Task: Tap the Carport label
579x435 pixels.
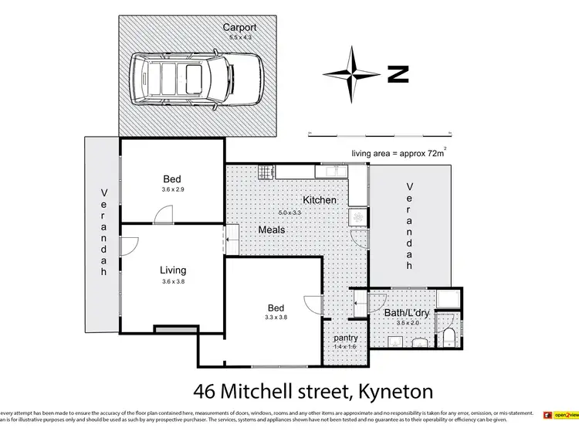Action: (239, 28)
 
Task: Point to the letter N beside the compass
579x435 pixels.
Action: (398, 74)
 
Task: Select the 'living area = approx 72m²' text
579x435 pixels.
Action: (398, 154)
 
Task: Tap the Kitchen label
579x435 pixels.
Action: (319, 200)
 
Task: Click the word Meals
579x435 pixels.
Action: (272, 229)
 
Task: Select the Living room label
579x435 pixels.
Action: (173, 270)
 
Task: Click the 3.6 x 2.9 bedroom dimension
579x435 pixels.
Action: (173, 189)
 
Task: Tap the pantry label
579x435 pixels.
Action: (344, 338)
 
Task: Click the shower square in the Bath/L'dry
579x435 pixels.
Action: (448, 300)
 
